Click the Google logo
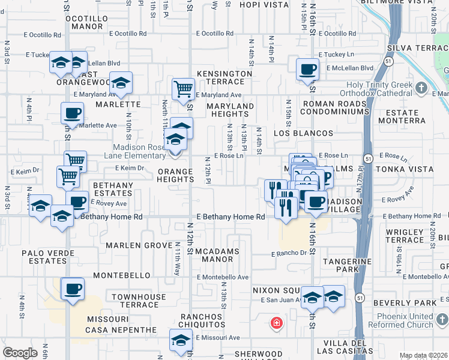[x=20, y=353]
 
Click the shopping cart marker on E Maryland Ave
[x=183, y=89]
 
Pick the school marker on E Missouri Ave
[x=181, y=340]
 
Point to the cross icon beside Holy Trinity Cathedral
[x=421, y=89]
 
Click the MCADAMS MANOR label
[x=217, y=256]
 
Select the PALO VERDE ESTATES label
[x=43, y=257]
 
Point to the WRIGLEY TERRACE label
[x=405, y=236]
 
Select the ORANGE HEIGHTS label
[x=175, y=176]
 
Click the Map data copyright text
[x=424, y=355]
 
